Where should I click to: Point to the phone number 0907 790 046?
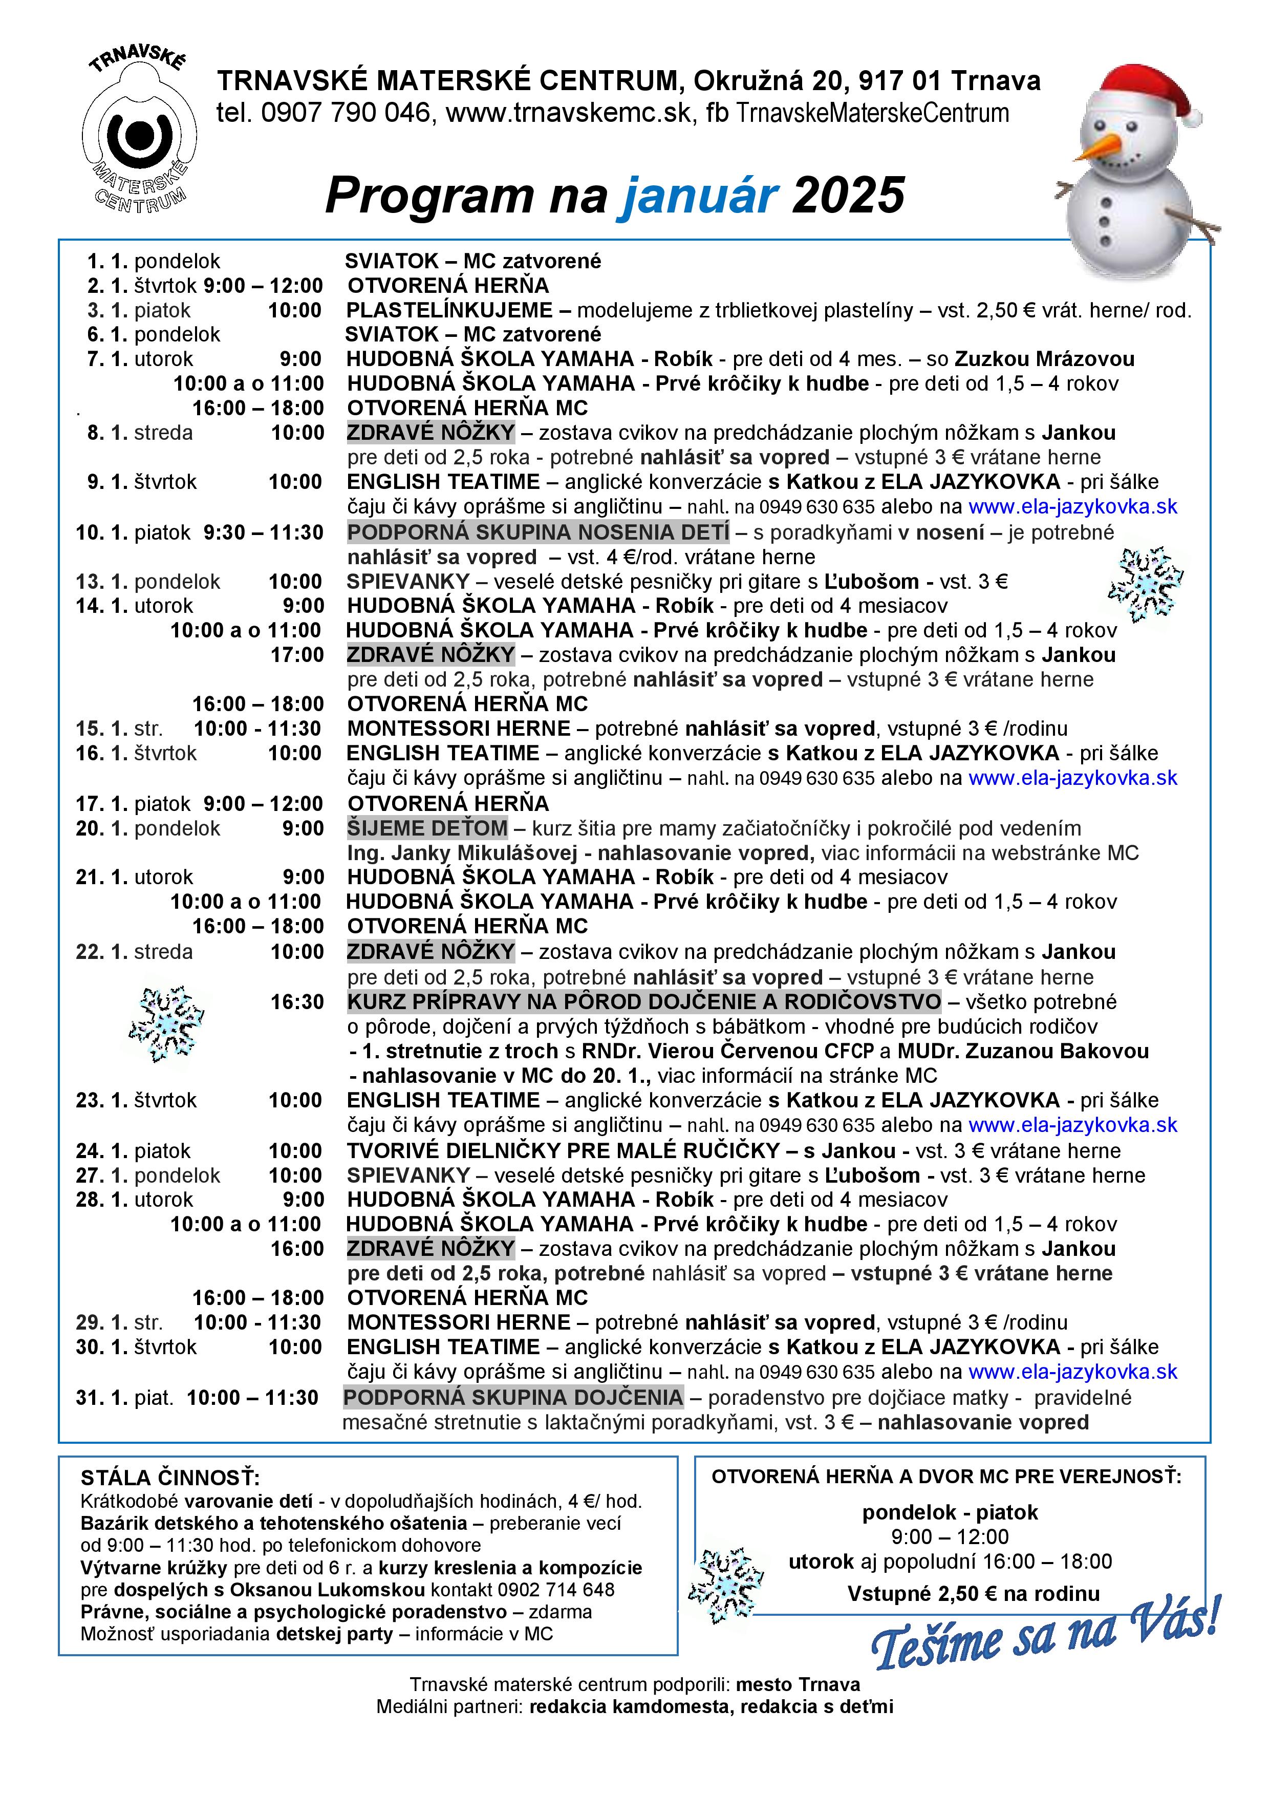point(345,114)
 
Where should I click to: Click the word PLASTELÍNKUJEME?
point(449,311)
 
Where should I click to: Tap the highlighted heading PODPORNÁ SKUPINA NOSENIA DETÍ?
point(538,532)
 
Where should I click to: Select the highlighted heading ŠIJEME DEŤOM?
point(427,828)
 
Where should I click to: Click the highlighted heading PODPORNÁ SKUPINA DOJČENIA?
point(513,1398)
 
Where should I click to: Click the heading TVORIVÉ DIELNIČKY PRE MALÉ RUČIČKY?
point(563,1151)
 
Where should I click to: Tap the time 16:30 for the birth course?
point(297,1002)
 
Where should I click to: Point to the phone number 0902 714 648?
point(567,1590)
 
